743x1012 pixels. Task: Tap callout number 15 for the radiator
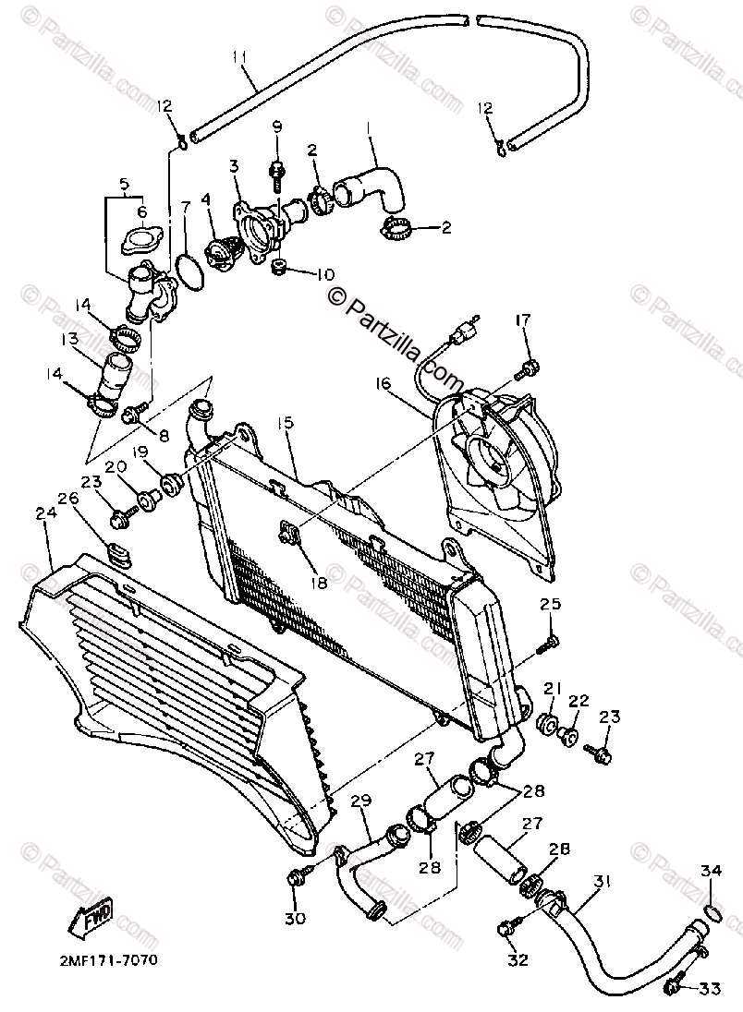pyautogui.click(x=284, y=423)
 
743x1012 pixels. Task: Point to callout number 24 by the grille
pyautogui.click(x=45, y=512)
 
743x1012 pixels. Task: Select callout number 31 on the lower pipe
pyautogui.click(x=601, y=882)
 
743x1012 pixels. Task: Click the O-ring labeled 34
pyautogui.click(x=711, y=913)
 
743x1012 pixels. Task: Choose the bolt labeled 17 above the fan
pyautogui.click(x=530, y=370)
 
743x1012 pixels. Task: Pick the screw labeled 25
pyautogui.click(x=552, y=641)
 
